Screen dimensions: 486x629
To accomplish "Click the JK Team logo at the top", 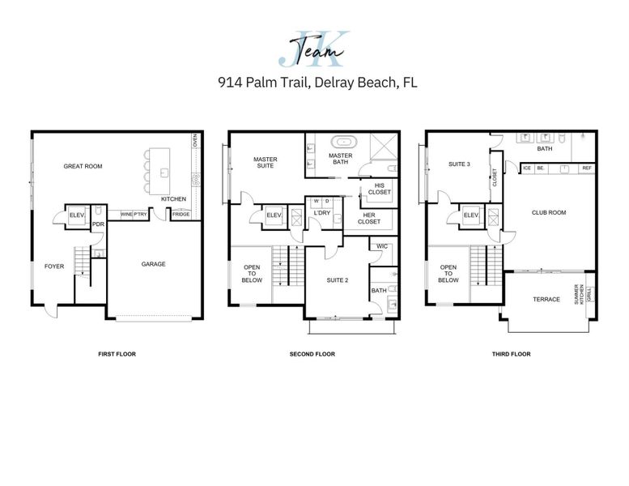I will point(314,49).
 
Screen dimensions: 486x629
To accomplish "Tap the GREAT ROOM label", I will point(83,167).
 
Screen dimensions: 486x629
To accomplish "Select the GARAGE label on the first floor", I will point(154,264).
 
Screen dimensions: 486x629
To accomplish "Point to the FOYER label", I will point(54,266).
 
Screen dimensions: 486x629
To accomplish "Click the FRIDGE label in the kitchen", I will point(181,214).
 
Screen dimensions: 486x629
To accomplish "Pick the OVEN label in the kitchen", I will point(194,141).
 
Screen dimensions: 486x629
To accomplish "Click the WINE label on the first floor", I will point(126,214).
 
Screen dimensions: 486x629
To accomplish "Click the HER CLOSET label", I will point(368,219).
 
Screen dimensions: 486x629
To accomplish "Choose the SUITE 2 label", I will point(337,279).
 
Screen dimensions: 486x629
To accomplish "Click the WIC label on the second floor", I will point(383,247).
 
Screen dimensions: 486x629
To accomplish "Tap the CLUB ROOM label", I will point(548,213).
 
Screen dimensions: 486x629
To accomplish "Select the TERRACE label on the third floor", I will point(546,300).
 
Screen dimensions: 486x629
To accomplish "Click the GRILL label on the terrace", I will point(589,293).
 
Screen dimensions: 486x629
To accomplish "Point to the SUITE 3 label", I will point(459,164).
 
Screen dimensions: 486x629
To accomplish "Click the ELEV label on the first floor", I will point(77,215).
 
